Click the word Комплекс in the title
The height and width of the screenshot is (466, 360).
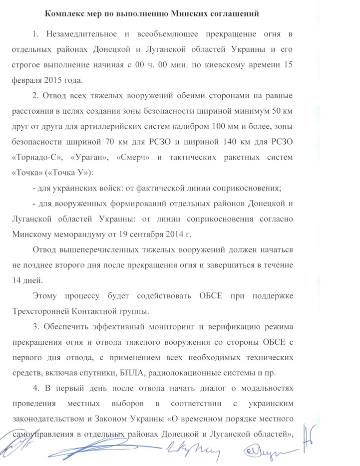coord(62,13)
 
